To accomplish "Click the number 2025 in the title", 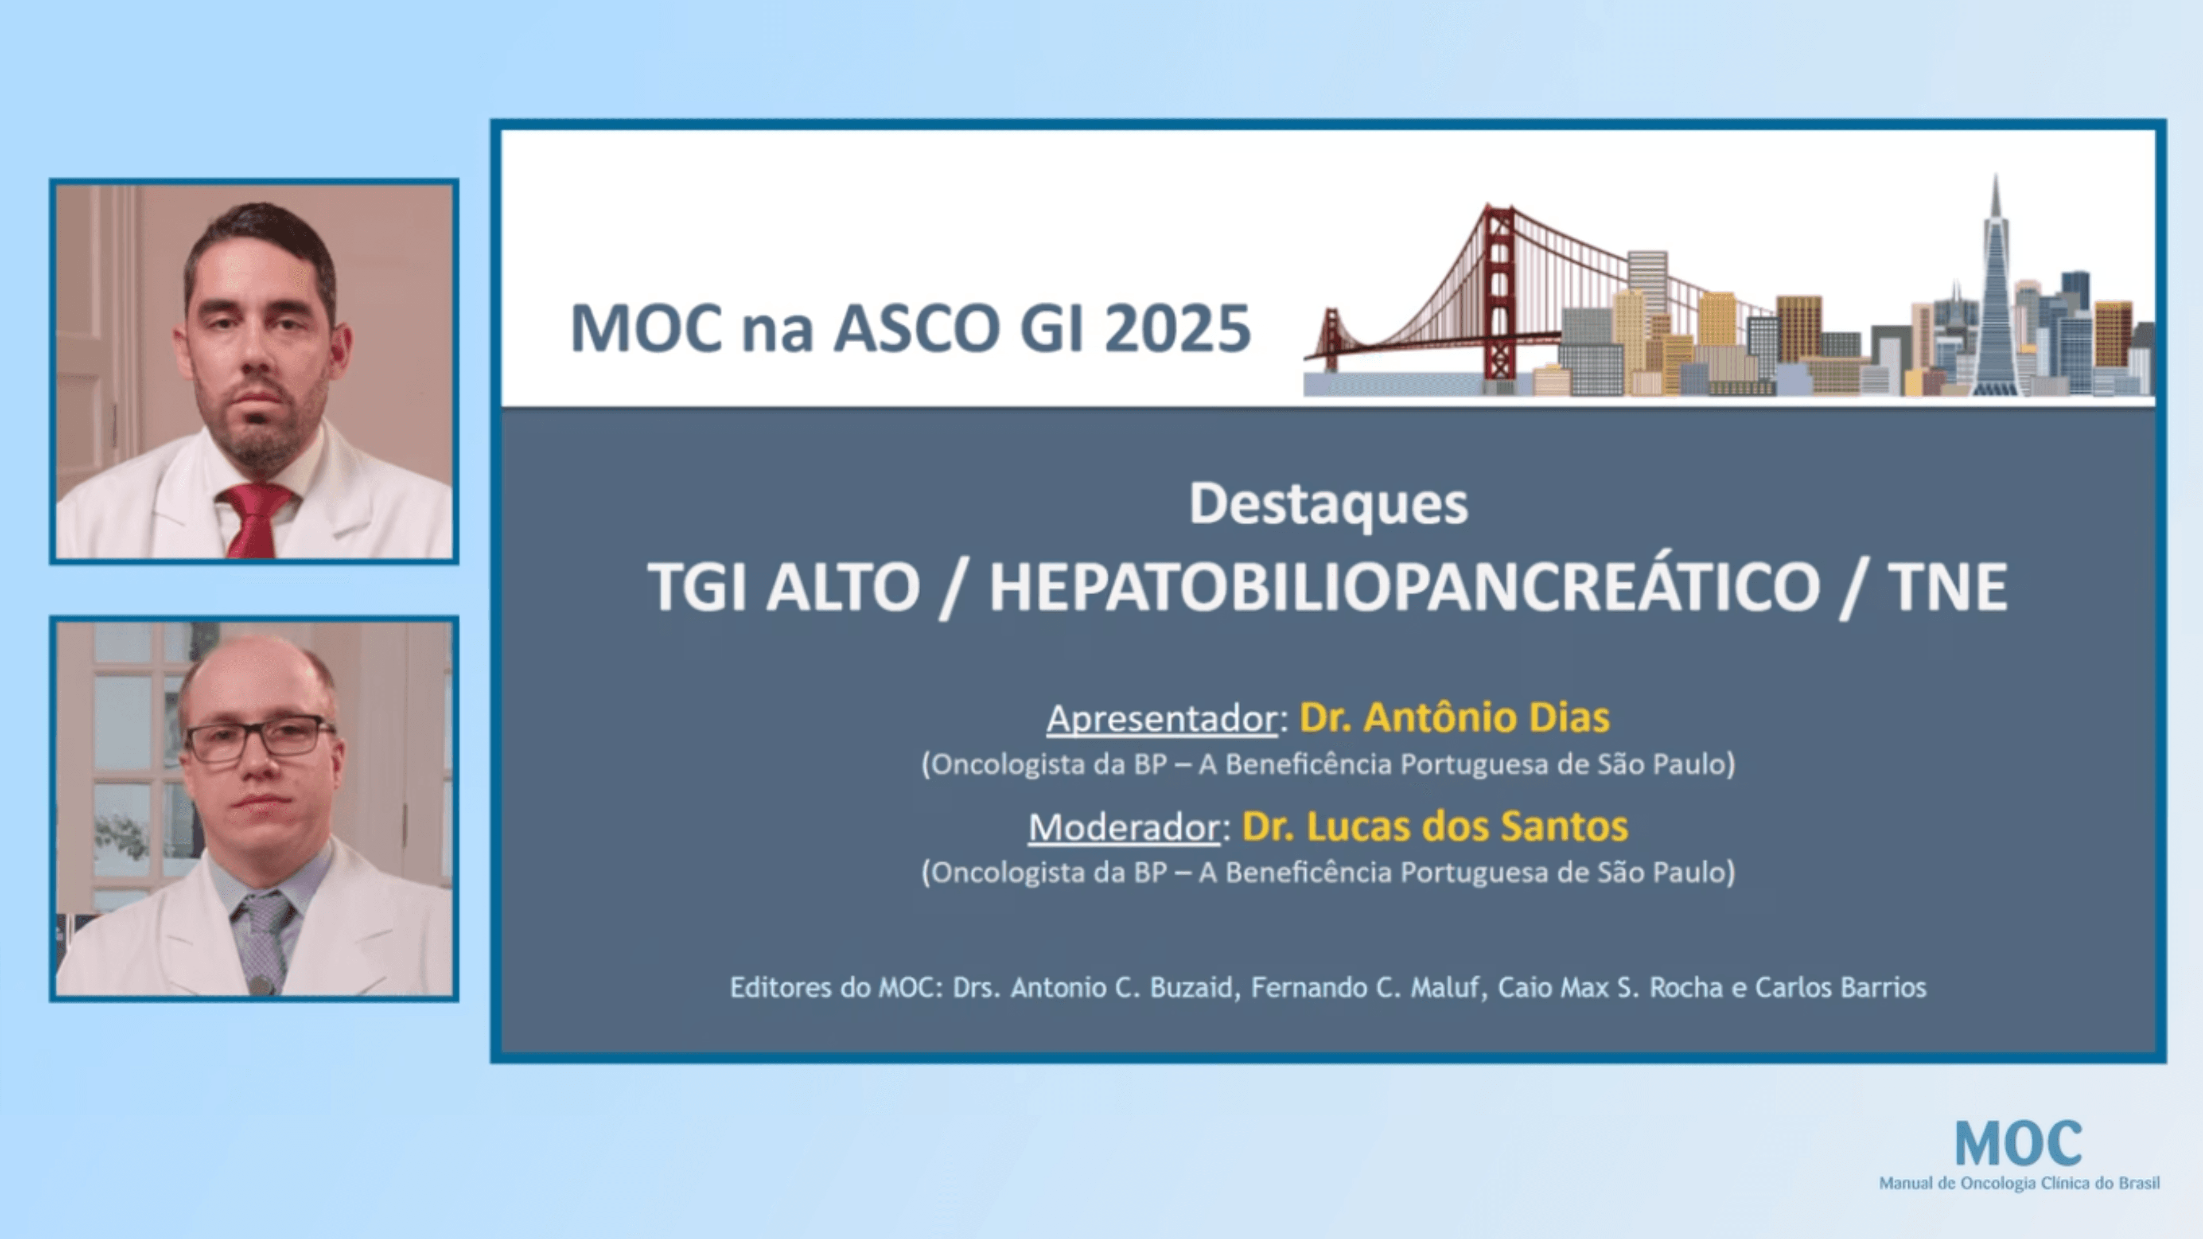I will (x=1178, y=329).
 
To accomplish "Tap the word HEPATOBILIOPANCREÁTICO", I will (x=1404, y=587).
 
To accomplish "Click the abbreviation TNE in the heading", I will (x=1947, y=587).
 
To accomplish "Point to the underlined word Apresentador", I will (x=1161, y=718).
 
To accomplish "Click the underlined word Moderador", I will (x=1124, y=827).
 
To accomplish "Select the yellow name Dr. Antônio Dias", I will (x=1454, y=718).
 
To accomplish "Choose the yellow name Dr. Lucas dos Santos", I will (x=1434, y=826).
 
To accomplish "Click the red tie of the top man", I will (x=254, y=519).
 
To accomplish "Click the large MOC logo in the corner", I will (x=2018, y=1144).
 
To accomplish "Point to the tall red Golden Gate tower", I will (x=1498, y=291).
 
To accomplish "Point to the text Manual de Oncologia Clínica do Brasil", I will (x=2018, y=1183).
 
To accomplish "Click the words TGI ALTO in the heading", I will (x=783, y=587).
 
